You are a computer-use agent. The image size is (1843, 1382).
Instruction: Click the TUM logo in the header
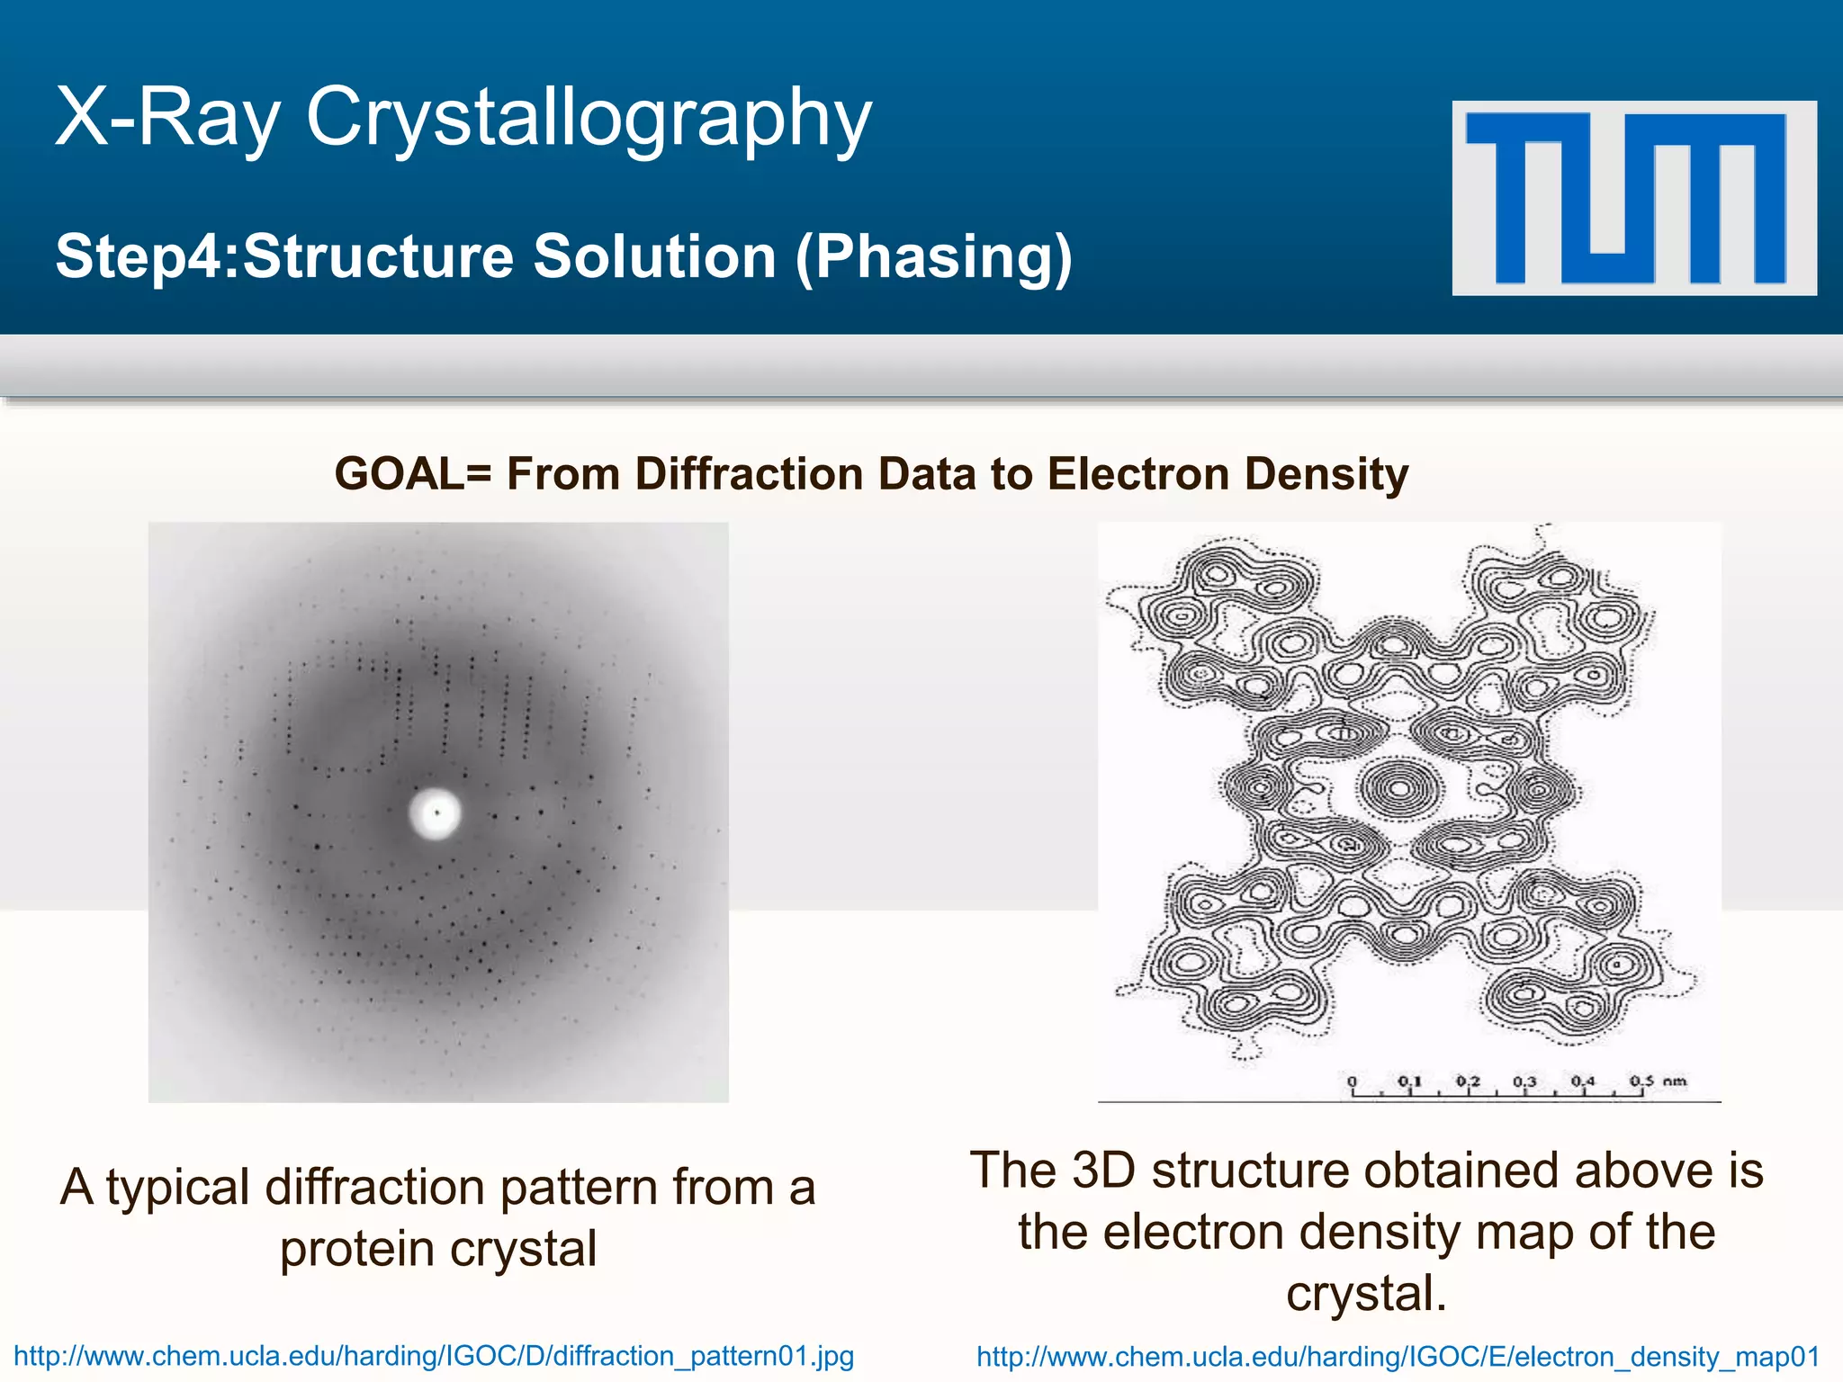(1633, 198)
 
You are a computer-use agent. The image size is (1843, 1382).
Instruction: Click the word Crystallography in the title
(589, 119)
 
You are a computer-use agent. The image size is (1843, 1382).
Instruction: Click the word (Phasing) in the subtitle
(933, 257)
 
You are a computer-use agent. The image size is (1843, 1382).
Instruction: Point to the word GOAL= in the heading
(412, 474)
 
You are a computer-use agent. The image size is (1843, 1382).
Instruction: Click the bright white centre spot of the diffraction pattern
(436, 813)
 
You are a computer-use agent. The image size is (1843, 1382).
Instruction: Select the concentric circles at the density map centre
(1399, 789)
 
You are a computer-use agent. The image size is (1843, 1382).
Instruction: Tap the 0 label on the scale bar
(1352, 1081)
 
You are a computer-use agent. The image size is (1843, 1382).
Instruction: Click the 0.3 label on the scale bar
(1524, 1081)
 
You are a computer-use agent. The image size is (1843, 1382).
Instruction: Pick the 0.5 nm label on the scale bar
(1657, 1080)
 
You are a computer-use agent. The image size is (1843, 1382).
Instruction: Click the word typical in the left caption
(178, 1189)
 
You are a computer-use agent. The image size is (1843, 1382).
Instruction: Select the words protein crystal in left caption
(438, 1250)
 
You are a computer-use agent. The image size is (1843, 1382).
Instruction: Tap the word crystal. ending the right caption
(1365, 1294)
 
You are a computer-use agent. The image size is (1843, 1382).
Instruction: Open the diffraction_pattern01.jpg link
(434, 1356)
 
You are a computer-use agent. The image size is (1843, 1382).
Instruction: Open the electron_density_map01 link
(1398, 1357)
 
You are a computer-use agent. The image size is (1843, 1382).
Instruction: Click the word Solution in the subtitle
(654, 257)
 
